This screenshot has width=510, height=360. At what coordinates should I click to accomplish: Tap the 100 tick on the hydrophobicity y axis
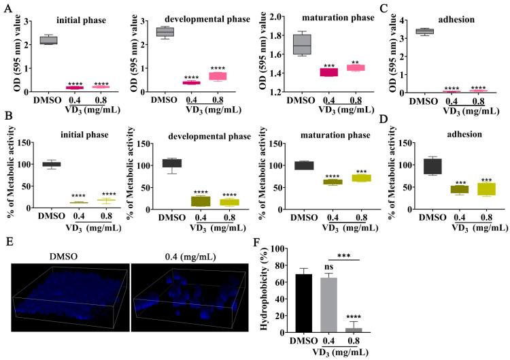285,249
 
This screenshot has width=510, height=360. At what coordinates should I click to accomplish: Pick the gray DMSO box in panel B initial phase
52,164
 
